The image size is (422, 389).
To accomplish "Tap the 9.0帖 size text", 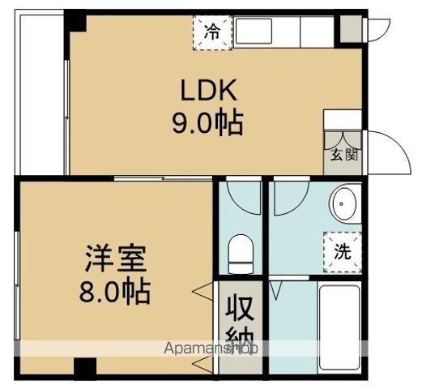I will click(x=207, y=124).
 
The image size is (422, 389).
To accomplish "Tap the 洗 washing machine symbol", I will click(x=343, y=250).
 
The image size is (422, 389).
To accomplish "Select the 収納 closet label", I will click(x=241, y=322).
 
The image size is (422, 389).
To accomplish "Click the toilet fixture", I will click(x=240, y=253).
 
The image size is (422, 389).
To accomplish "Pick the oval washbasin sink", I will click(x=346, y=203).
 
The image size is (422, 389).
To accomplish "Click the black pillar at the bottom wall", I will click(x=83, y=367).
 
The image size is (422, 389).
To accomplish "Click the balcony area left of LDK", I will click(x=39, y=93).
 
